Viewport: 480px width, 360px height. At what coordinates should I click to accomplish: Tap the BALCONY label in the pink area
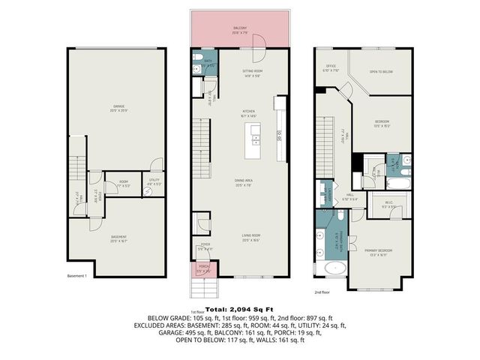click(241, 29)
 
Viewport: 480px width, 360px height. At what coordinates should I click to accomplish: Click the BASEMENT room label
click(114, 238)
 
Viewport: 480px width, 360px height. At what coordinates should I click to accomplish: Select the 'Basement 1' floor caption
click(78, 276)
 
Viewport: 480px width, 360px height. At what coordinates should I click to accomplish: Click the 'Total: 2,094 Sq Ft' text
click(239, 308)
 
